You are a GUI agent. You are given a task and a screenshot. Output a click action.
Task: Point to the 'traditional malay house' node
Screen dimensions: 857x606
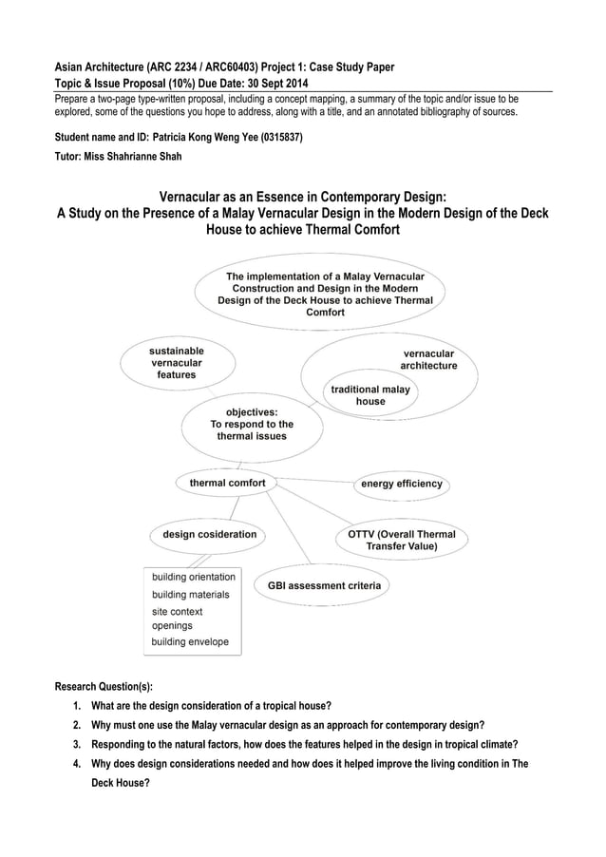click(369, 395)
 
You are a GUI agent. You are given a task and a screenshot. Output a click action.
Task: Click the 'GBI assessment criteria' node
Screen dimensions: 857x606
click(324, 585)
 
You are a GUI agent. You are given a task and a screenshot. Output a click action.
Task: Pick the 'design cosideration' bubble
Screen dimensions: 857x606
click(209, 534)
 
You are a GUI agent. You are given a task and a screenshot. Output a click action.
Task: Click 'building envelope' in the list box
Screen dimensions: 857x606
click(190, 641)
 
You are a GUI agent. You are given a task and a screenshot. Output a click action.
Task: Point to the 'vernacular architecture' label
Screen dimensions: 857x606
click(427, 359)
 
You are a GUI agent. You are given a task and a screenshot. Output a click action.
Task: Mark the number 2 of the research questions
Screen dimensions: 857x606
click(76, 724)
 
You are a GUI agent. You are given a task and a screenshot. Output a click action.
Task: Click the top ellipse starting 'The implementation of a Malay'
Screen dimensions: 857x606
click(325, 294)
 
